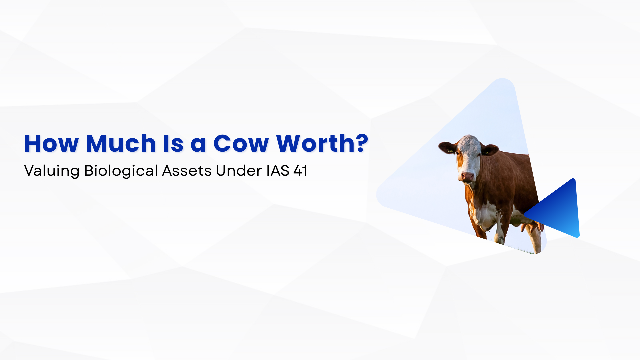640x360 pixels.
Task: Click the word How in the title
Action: pos(51,143)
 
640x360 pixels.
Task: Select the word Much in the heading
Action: pos(121,143)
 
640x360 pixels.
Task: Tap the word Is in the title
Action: pos(173,143)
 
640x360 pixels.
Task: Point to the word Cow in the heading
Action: pos(241,144)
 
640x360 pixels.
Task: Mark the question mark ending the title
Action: pos(361,143)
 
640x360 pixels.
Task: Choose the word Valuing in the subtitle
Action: pos(52,171)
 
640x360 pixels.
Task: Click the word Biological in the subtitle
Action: pos(121,171)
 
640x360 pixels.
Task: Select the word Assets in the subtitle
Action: pos(187,171)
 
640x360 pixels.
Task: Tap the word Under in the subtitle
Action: pos(239,171)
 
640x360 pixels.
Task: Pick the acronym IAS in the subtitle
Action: pos(278,171)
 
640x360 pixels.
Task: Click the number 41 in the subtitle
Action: pos(300,171)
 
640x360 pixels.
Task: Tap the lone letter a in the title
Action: pos(198,144)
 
